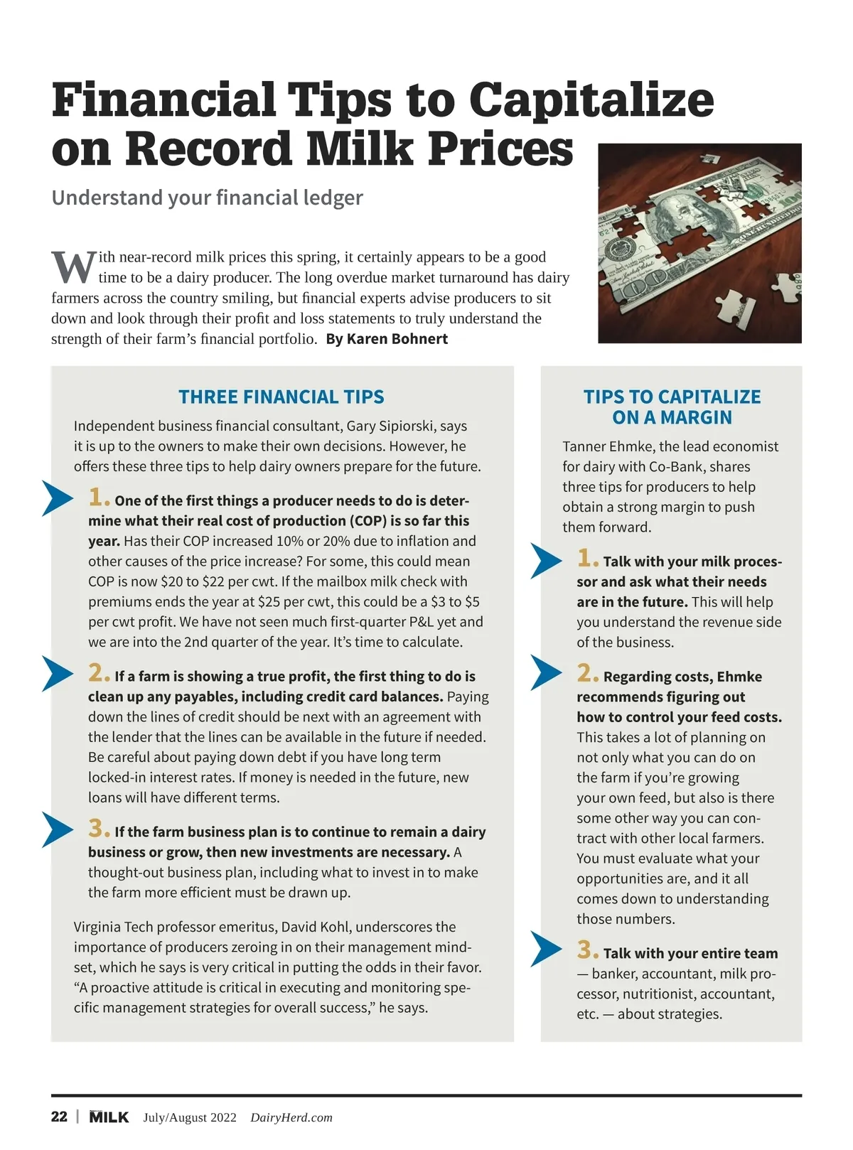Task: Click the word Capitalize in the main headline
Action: tap(591, 100)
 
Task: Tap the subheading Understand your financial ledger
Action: tap(207, 198)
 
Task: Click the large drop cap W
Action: tap(73, 267)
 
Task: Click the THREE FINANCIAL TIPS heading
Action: tap(281, 397)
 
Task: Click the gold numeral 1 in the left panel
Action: tap(98, 498)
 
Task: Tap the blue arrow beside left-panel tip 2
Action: tap(58, 673)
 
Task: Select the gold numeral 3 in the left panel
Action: tap(98, 829)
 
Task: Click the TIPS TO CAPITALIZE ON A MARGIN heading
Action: tap(672, 407)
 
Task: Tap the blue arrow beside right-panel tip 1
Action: tap(546, 561)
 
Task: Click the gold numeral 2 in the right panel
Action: tap(586, 673)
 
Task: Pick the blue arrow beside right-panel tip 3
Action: tap(546, 950)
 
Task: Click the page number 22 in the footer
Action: tap(59, 1117)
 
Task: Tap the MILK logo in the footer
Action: tap(109, 1117)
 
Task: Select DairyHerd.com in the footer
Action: tap(291, 1117)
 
